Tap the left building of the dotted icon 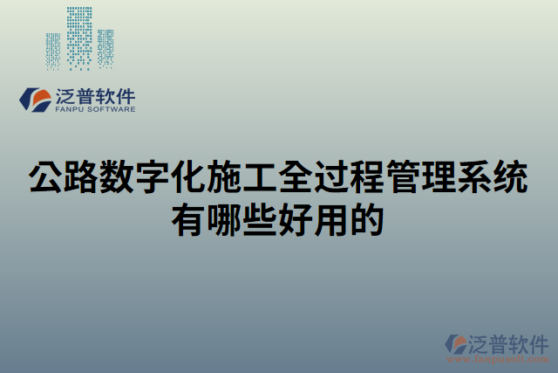click(x=53, y=51)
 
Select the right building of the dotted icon click(x=105, y=47)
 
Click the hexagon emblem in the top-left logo click(x=35, y=100)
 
